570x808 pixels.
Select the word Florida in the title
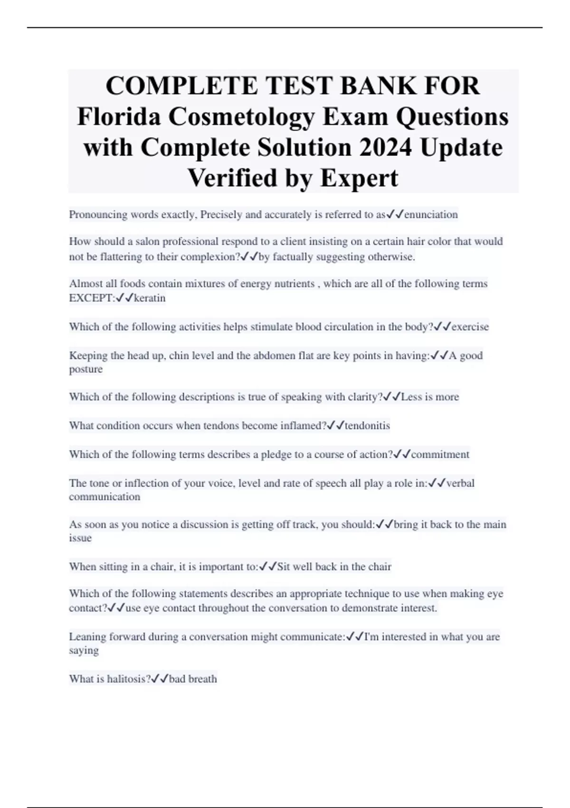pos(119,117)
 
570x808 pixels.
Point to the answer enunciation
pos(431,215)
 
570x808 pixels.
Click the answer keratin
pos(150,298)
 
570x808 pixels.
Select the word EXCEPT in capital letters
pos(91,298)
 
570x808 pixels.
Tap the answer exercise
pos(470,327)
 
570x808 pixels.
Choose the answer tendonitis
pos(367,425)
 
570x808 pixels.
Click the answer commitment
pos(440,454)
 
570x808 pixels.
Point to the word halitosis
pos(126,679)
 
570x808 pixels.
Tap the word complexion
pos(209,257)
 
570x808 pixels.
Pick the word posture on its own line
pos(85,369)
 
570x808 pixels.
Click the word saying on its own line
pos(84,651)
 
